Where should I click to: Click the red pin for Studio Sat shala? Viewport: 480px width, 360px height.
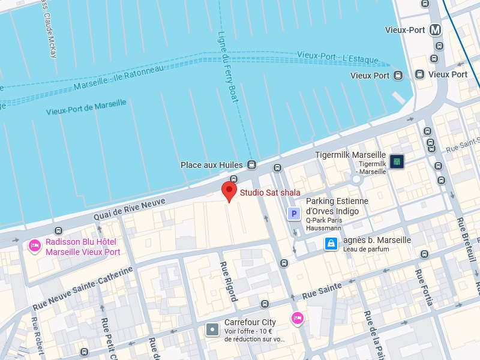pos(229,191)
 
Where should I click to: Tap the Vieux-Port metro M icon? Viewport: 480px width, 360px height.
pos(436,30)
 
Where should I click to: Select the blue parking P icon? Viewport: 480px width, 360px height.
pos(294,214)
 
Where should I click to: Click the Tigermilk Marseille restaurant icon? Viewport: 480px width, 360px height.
pos(397,161)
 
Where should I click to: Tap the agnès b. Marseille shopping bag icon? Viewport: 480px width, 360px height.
pos(331,243)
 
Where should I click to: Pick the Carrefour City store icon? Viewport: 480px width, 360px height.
pos(212,329)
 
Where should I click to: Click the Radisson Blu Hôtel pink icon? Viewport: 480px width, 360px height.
pos(35,245)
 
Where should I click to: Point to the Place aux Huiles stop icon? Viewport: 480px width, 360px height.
pos(252,165)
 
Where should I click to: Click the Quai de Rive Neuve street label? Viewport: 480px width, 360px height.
pos(129,209)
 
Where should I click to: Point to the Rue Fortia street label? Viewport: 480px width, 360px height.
pos(424,287)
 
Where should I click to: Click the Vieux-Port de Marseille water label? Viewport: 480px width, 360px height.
pos(86,107)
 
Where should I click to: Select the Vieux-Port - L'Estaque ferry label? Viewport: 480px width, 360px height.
pos(338,58)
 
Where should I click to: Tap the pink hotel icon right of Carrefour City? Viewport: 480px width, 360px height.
pos(297,319)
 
